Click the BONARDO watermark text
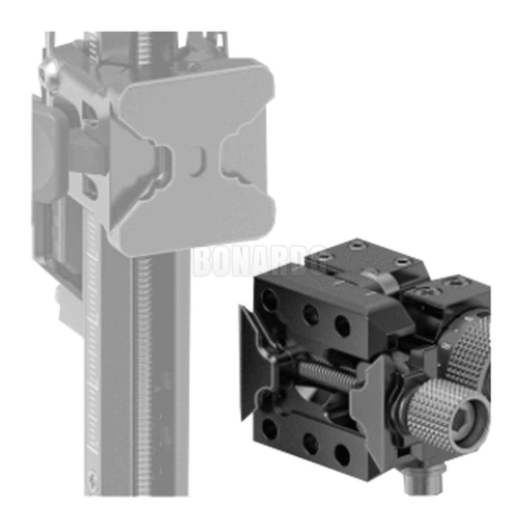[x=258, y=261]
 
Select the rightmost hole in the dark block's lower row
[x=343, y=455]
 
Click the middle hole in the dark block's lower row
[x=310, y=442]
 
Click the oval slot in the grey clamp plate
[x=194, y=159]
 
